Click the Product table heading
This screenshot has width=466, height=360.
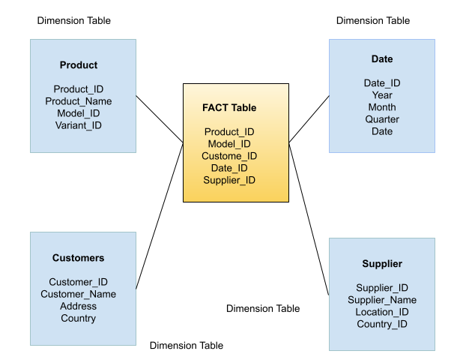(x=79, y=65)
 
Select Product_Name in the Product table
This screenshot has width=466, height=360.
(x=79, y=101)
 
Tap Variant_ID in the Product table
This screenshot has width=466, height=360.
(x=79, y=125)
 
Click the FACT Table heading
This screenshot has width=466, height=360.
(x=229, y=108)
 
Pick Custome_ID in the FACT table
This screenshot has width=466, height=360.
(x=229, y=156)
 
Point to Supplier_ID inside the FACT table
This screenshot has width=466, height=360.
(x=229, y=180)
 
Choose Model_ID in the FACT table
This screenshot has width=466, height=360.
(x=229, y=144)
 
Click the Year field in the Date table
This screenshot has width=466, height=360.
(x=382, y=95)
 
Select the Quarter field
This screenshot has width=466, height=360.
(x=382, y=119)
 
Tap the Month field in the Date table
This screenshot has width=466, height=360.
(x=382, y=107)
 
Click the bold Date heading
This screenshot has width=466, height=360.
(x=382, y=59)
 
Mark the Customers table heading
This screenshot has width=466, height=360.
(x=79, y=258)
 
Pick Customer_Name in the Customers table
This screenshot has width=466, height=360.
(x=79, y=294)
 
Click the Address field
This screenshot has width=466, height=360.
(x=79, y=306)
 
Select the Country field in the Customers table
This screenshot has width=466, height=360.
(x=79, y=318)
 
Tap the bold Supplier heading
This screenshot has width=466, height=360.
(x=382, y=264)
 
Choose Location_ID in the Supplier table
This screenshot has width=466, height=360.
(x=382, y=312)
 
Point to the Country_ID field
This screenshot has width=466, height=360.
(x=382, y=324)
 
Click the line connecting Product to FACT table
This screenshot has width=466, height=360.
(x=160, y=118)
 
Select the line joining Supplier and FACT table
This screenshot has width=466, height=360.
(x=309, y=218)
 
